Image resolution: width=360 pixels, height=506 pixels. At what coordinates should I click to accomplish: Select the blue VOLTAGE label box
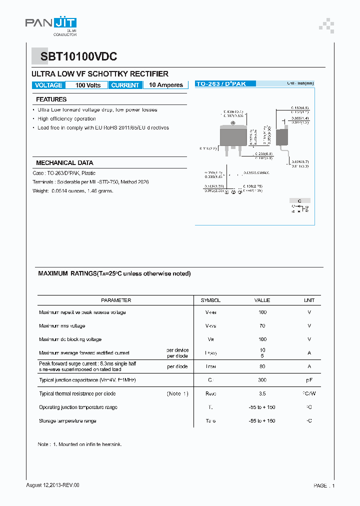[x=48, y=85]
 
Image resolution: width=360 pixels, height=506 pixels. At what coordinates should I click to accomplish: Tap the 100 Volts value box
[x=87, y=85]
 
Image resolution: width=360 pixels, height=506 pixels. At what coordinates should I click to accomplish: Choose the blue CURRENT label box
[x=125, y=85]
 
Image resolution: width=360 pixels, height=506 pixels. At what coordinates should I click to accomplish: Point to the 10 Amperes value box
[x=165, y=85]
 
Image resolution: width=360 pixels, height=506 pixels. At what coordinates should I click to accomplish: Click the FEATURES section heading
[x=51, y=99]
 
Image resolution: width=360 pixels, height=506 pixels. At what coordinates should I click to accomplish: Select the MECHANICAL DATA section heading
[x=64, y=163]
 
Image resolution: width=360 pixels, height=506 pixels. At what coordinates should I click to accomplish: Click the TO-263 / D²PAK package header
[x=220, y=84]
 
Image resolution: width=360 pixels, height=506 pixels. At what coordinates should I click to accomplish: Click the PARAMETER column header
[x=116, y=300]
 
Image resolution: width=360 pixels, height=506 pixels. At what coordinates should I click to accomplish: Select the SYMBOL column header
[x=210, y=300]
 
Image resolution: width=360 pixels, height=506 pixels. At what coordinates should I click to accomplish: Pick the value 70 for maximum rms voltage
[x=262, y=326]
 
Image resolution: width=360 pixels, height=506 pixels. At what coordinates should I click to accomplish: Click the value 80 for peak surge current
[x=262, y=366]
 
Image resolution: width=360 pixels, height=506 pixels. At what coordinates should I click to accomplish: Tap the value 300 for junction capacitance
[x=262, y=380]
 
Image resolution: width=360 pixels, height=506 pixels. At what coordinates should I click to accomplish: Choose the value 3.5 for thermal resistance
[x=262, y=394]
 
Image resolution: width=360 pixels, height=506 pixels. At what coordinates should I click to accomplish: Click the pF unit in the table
[x=309, y=380]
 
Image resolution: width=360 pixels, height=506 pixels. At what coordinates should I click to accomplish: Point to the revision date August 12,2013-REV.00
[x=52, y=485]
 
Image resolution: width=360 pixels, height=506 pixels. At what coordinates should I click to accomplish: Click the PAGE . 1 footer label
[x=324, y=485]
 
